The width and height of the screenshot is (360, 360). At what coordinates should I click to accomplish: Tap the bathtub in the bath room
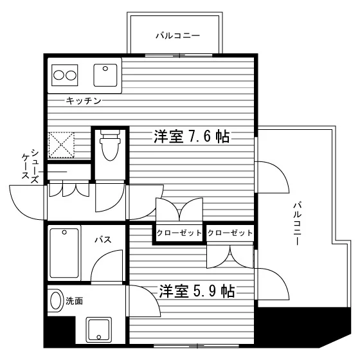pyautogui.click(x=64, y=253)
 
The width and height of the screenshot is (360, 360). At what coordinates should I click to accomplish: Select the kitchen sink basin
pyautogui.click(x=105, y=75)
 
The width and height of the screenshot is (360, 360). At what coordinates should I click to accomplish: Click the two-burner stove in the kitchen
pyautogui.click(x=64, y=75)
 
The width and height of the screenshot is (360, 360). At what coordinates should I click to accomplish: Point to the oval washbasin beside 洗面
pyautogui.click(x=56, y=300)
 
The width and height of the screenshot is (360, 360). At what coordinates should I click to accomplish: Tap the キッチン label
pyautogui.click(x=84, y=100)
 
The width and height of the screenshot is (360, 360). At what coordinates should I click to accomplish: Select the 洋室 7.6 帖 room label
pyautogui.click(x=192, y=136)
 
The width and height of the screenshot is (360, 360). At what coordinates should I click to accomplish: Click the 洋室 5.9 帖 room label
pyautogui.click(x=197, y=291)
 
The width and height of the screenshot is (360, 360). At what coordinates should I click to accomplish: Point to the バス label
pyautogui.click(x=104, y=240)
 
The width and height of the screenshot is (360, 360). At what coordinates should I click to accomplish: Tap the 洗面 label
pyautogui.click(x=74, y=301)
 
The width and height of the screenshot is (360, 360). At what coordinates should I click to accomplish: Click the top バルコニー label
pyautogui.click(x=178, y=36)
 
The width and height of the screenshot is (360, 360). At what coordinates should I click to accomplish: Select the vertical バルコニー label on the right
pyautogui.click(x=297, y=223)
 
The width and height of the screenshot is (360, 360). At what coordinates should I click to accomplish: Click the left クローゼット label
pyautogui.click(x=179, y=233)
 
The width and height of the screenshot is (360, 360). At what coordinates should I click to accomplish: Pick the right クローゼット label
pyautogui.click(x=230, y=233)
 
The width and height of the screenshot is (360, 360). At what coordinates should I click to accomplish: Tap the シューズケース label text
pyautogui.click(x=30, y=166)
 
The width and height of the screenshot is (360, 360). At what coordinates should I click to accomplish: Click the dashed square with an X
pyautogui.click(x=61, y=145)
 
